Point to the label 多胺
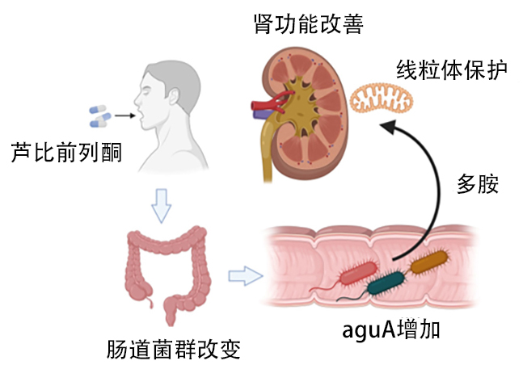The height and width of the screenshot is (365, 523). [x=476, y=183]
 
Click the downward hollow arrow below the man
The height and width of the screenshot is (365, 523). [x=162, y=205]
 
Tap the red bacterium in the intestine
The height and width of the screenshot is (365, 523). [x=356, y=275]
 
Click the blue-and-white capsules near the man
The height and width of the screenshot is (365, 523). [x=99, y=115]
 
